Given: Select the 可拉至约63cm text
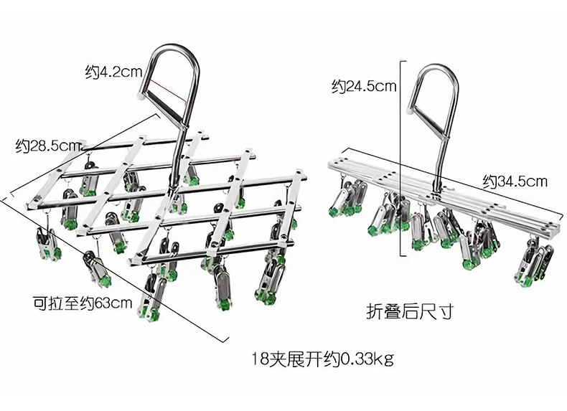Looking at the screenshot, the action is pos(83,302).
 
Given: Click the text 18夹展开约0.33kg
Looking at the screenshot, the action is pos(322,357).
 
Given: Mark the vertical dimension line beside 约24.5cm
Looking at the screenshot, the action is pos(400,158).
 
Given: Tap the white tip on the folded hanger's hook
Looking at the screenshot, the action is pos(411,110).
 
